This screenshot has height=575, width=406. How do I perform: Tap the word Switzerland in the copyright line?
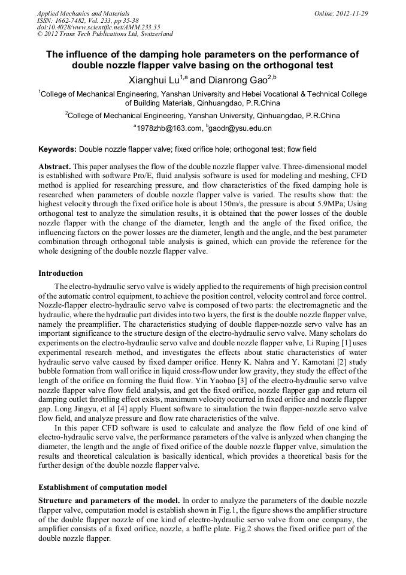pos(154,34)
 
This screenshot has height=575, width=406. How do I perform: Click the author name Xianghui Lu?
pos(156,79)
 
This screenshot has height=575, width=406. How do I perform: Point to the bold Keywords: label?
pos(57,149)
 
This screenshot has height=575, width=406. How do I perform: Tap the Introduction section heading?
pos(60,273)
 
